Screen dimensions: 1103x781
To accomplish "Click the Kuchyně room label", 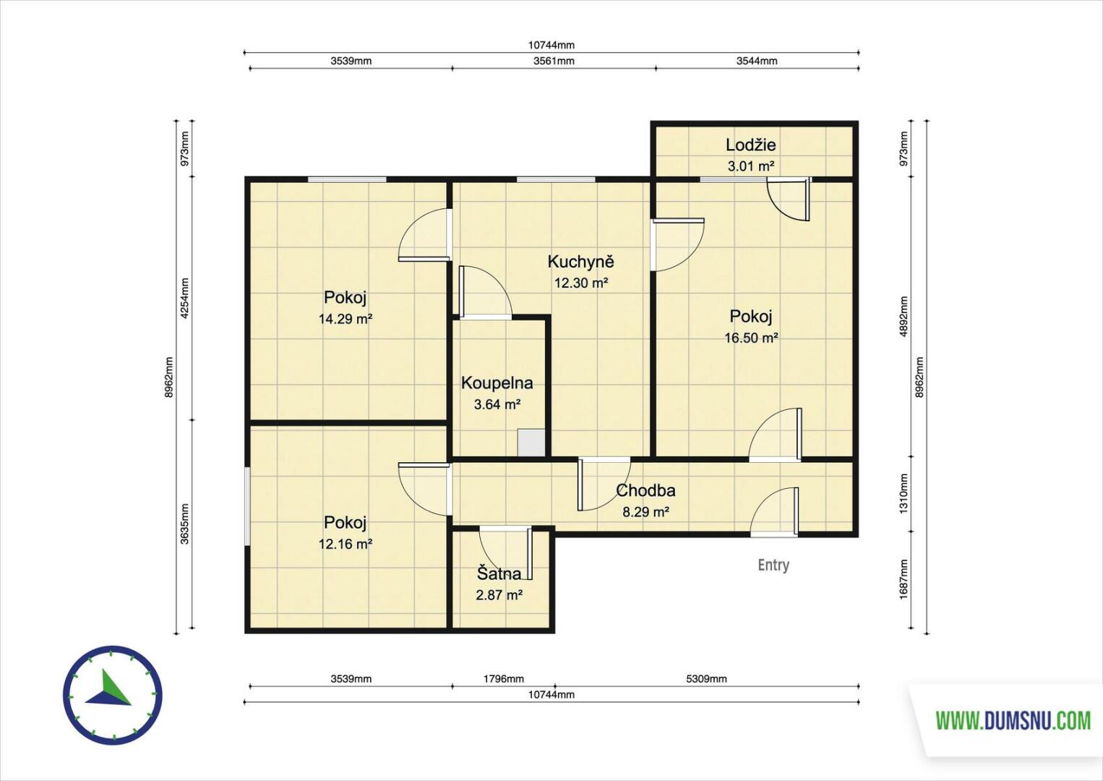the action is point(581,262).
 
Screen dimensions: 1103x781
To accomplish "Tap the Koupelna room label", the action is point(497,383).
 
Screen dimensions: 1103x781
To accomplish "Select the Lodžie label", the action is point(750,145).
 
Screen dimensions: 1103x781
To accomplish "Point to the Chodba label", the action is point(645,490).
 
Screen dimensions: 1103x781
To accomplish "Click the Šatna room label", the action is point(499,573).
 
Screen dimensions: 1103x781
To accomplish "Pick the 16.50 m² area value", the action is point(751,338).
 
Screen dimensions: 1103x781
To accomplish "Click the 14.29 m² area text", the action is point(346,319).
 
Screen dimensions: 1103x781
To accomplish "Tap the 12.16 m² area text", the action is point(346,544).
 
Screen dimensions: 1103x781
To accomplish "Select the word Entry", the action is point(773,566).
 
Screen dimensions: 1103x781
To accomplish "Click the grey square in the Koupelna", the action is point(531,443).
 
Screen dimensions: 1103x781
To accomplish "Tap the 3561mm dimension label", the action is point(554,61).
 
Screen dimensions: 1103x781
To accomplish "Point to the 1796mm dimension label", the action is point(503,679).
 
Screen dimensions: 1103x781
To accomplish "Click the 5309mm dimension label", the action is point(706,679).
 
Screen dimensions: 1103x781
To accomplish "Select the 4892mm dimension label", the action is point(904,316).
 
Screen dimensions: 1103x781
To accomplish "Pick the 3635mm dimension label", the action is point(184,524).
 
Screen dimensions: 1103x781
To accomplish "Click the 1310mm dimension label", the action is point(904,494).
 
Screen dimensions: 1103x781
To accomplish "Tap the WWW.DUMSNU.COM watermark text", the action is point(1013,721).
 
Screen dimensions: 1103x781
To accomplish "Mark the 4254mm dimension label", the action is point(184,299).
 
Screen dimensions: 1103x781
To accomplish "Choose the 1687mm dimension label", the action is point(904,579).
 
